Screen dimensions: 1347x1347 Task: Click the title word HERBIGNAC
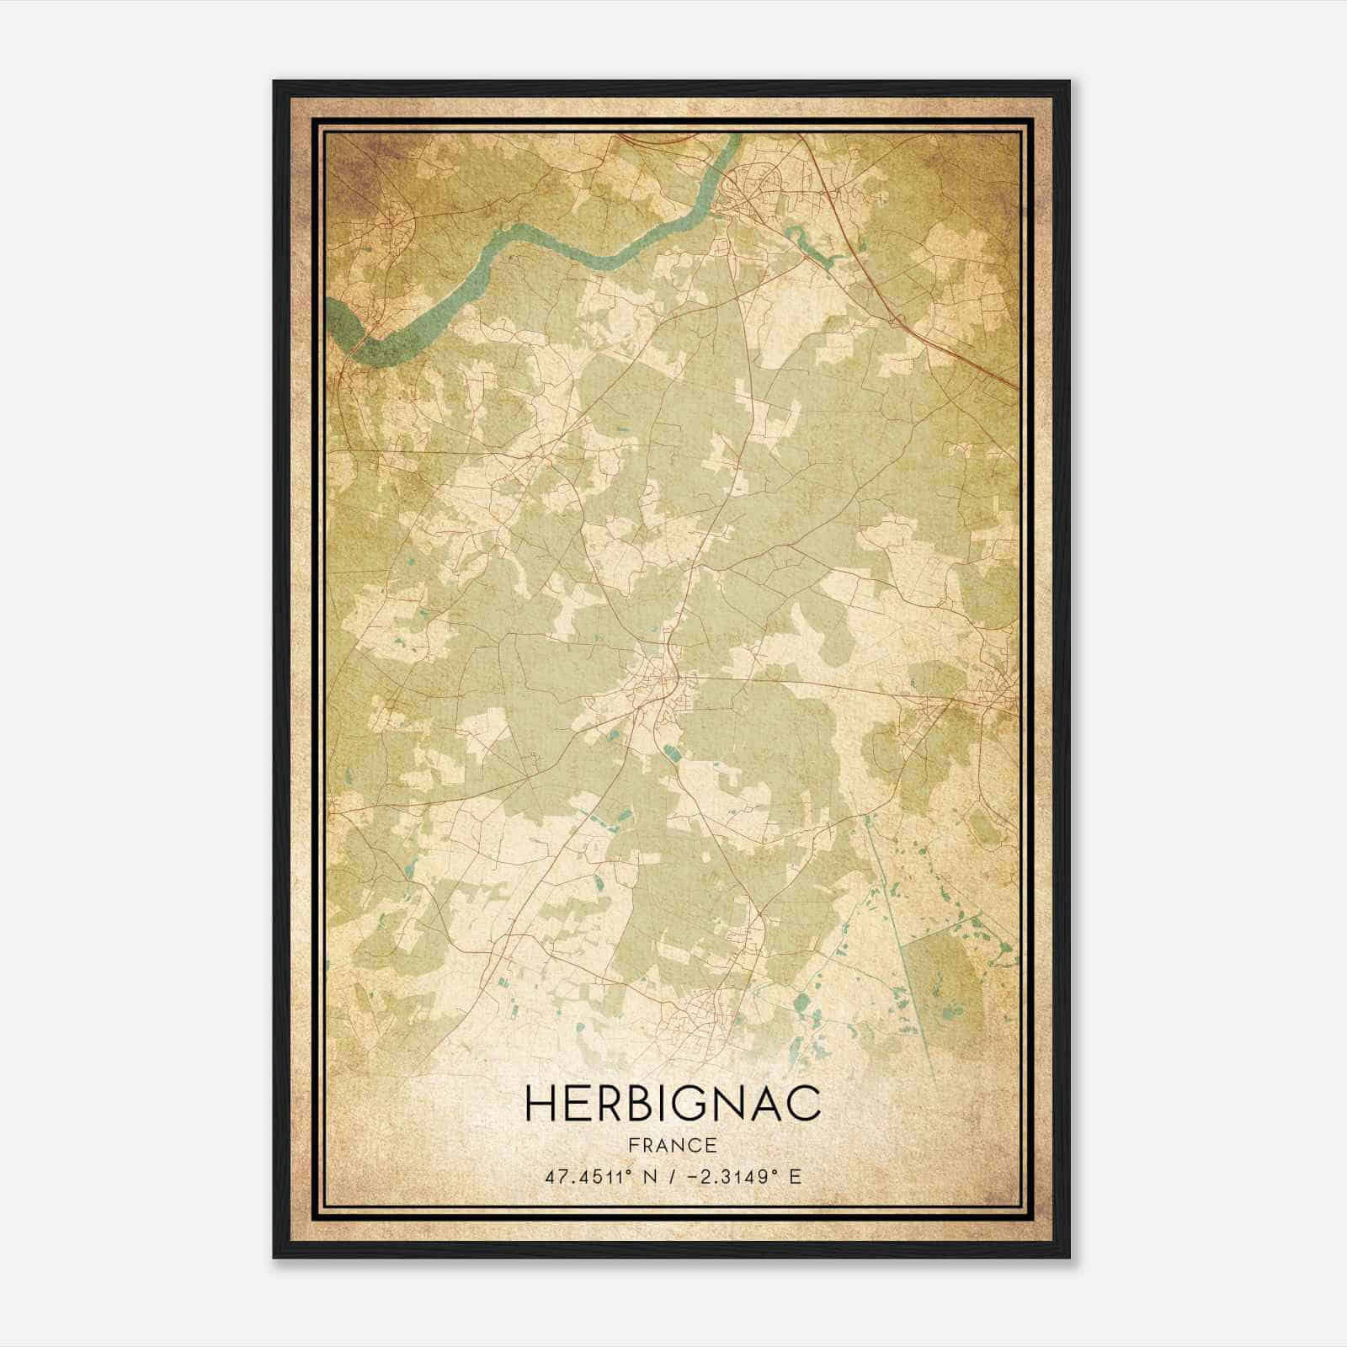673,1104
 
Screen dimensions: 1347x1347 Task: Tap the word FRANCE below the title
673,1145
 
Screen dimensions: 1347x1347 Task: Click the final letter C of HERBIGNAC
805,1104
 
